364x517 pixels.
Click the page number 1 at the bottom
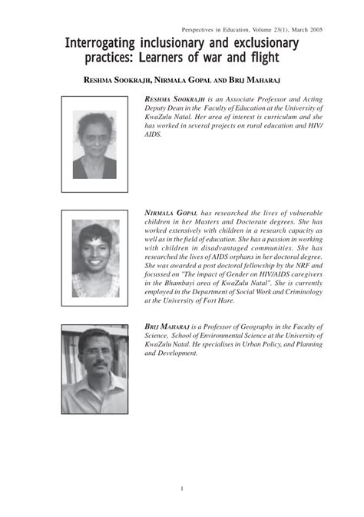point(182,489)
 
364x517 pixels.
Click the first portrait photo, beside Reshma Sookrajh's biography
point(94,144)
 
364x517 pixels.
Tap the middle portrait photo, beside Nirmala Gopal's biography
point(95,258)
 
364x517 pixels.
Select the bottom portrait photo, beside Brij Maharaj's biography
point(94,370)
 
